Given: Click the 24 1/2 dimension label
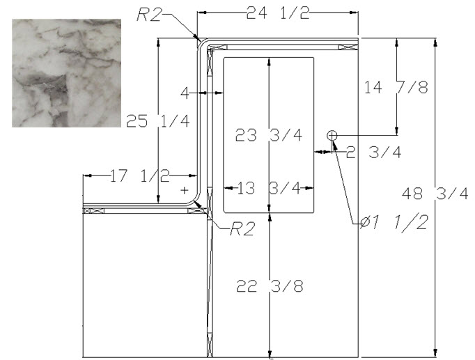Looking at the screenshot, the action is (x=278, y=13).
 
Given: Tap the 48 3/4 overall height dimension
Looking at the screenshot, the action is (x=435, y=194).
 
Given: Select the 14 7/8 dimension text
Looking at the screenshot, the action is (x=396, y=87).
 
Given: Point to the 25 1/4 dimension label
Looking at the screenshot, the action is (x=158, y=121).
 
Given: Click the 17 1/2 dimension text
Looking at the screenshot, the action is (x=140, y=176).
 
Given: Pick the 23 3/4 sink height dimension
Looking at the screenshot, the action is (x=269, y=135).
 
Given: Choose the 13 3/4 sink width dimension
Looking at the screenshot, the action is (x=269, y=188).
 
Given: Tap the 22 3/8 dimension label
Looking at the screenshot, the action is (x=270, y=285).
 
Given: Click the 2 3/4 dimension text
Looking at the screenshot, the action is (x=373, y=152).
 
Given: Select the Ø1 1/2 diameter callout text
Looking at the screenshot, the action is (x=394, y=223).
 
